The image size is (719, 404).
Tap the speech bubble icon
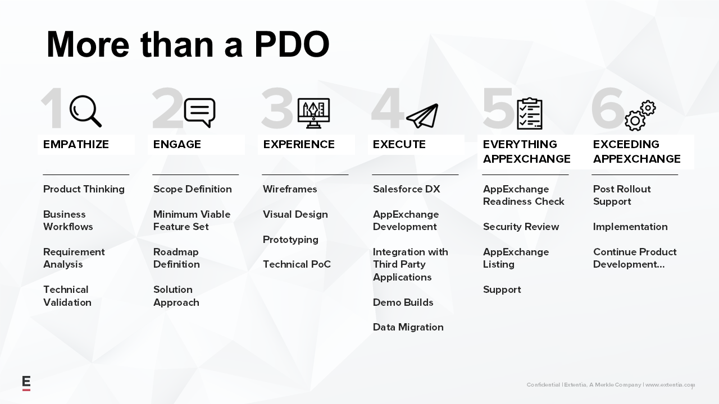pyautogui.click(x=199, y=112)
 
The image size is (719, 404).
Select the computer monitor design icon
pyautogui.click(x=313, y=113)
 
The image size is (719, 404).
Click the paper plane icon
pyautogui.click(x=422, y=116)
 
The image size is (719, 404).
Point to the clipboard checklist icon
pyautogui.click(x=530, y=113)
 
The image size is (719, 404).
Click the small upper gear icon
pyautogui.click(x=648, y=108)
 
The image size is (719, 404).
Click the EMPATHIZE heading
pyautogui.click(x=76, y=144)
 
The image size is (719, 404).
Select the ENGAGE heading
pyautogui.click(x=177, y=144)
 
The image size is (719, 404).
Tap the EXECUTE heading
pyautogui.click(x=399, y=144)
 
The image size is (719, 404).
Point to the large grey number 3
pyautogui.click(x=277, y=108)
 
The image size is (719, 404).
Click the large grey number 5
pyautogui.click(x=498, y=108)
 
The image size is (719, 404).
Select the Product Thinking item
pyautogui.click(x=84, y=189)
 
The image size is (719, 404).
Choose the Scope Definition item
pyautogui.click(x=193, y=189)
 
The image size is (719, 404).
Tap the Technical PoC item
pyautogui.click(x=297, y=264)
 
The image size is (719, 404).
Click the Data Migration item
pyautogui.click(x=408, y=327)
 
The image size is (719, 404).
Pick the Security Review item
pyautogui.click(x=521, y=227)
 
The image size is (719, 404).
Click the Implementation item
pyautogui.click(x=630, y=227)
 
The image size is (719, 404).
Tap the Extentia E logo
pyautogui.click(x=26, y=383)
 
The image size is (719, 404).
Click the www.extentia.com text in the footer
pyautogui.click(x=670, y=384)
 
